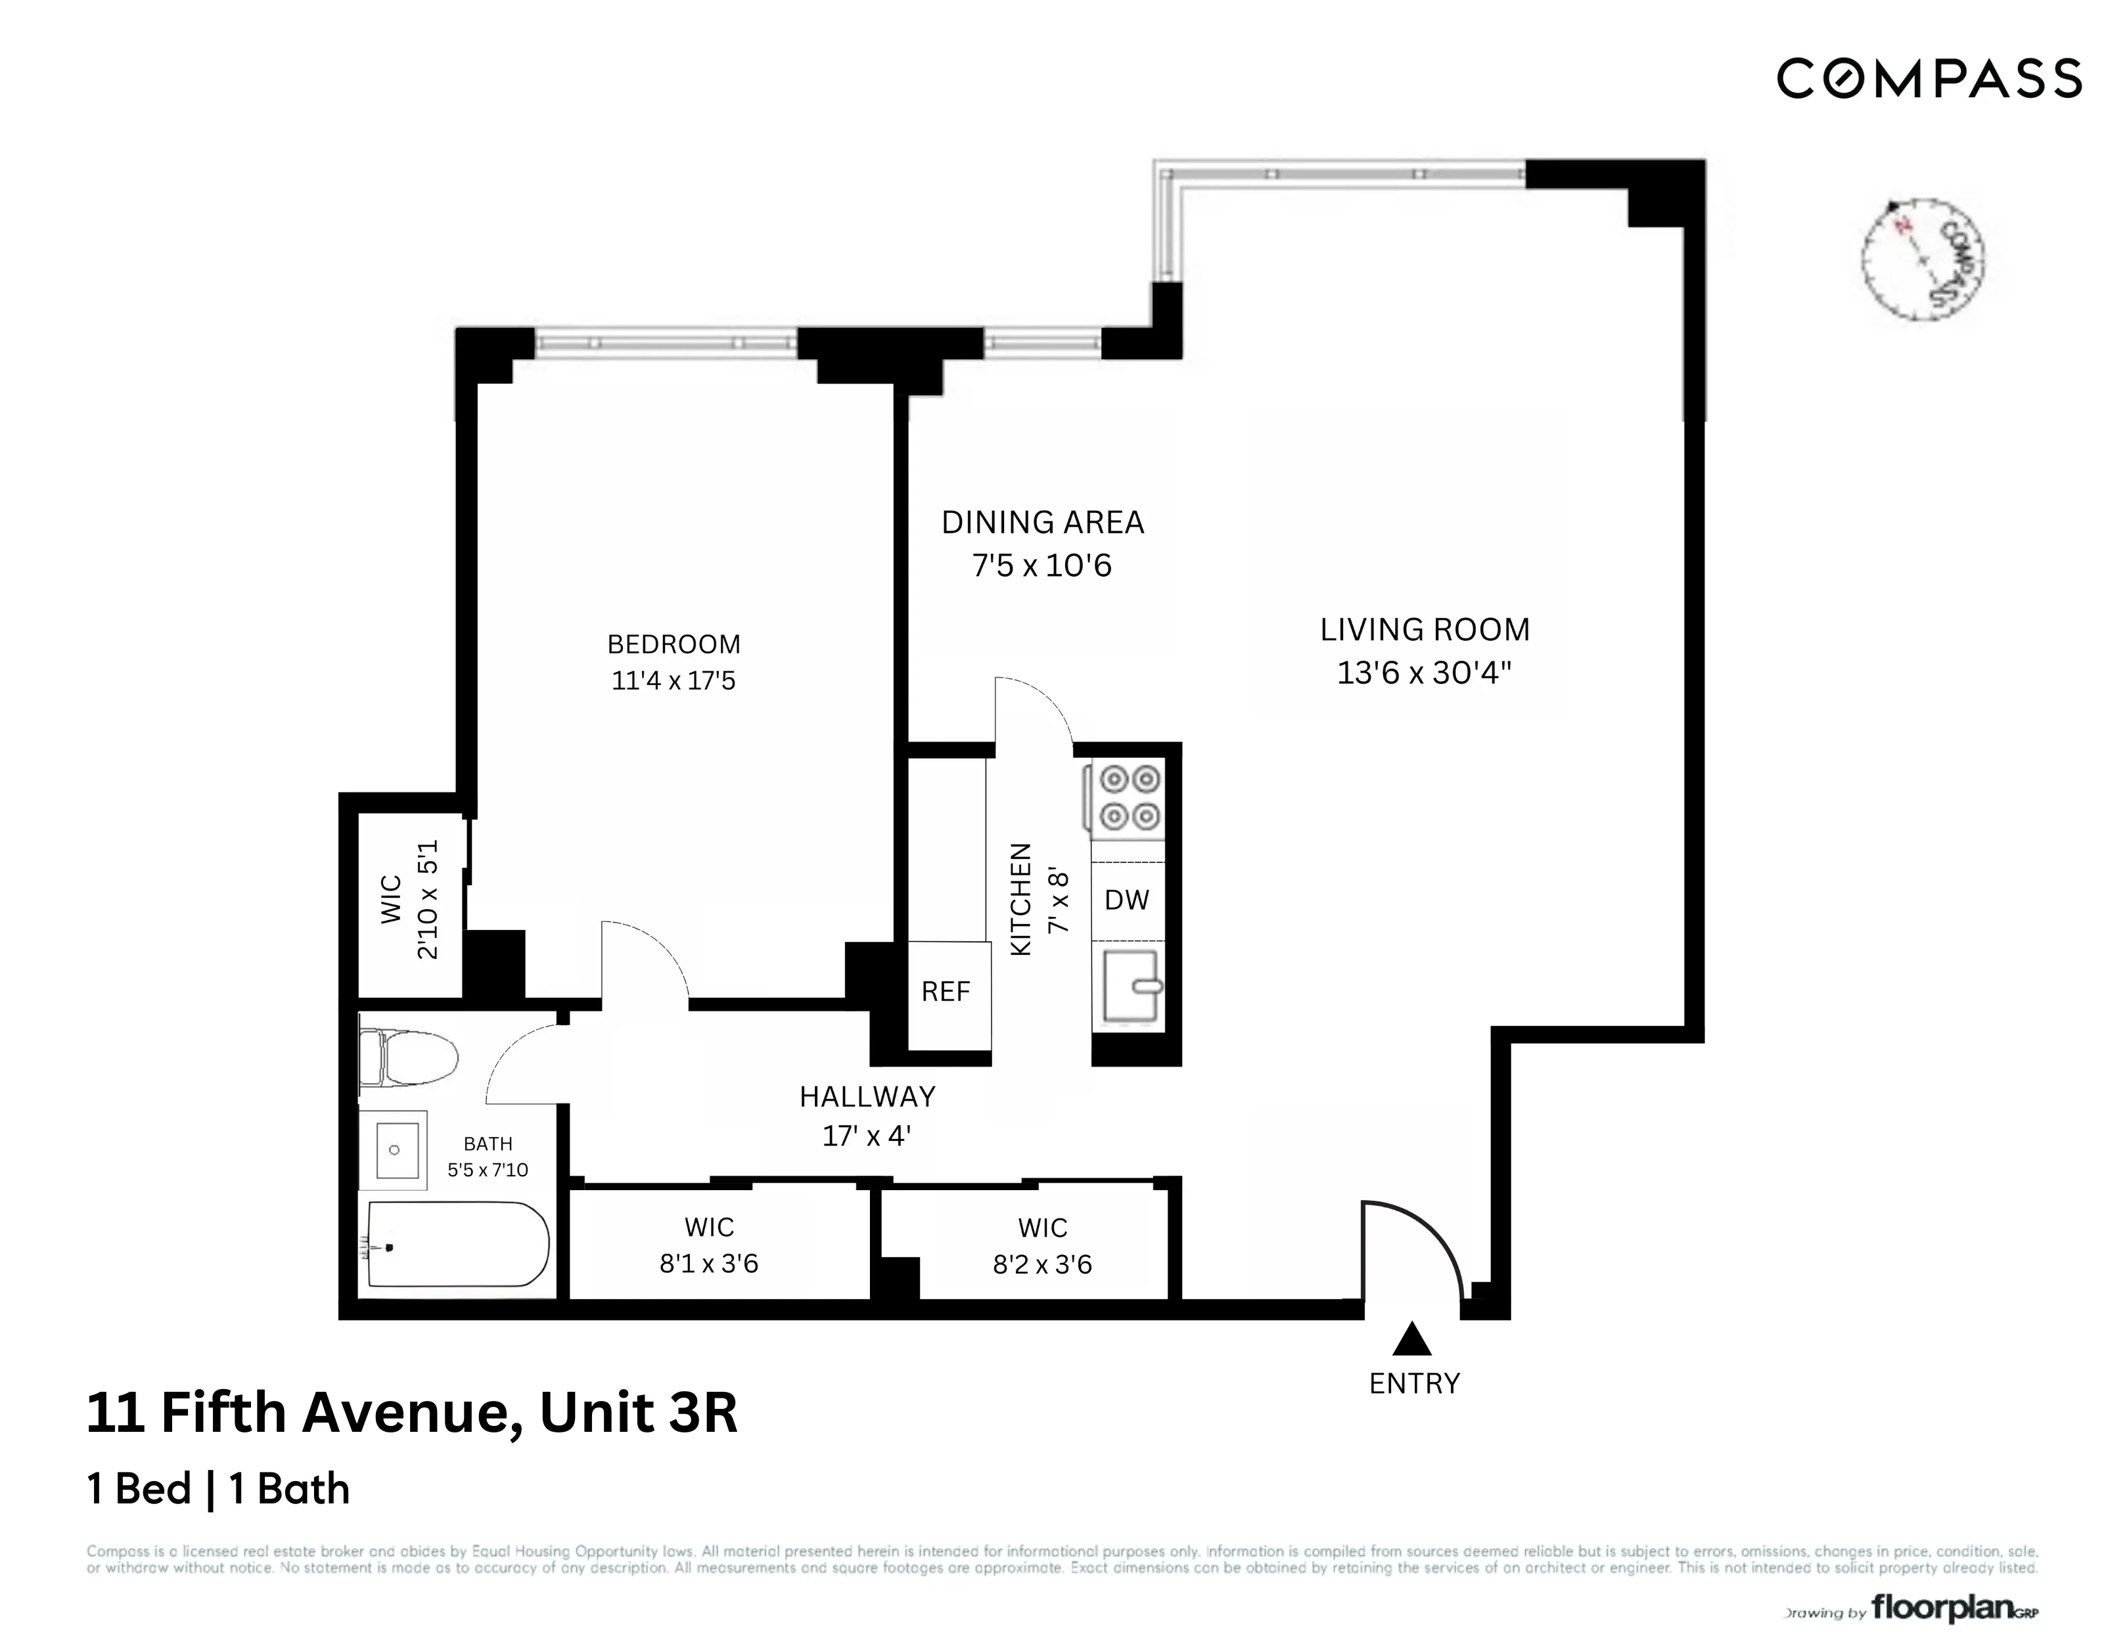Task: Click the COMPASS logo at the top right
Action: [x=1929, y=79]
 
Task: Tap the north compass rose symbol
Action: [x=1923, y=259]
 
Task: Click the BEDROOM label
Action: [x=674, y=644]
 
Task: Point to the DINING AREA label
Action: [x=1042, y=522]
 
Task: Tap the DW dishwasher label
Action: [x=1127, y=900]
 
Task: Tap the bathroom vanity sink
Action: [x=394, y=1150]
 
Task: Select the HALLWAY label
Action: [x=867, y=1098]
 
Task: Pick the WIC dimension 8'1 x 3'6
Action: [x=708, y=1264]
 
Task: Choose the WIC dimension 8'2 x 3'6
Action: [x=1042, y=1264]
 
